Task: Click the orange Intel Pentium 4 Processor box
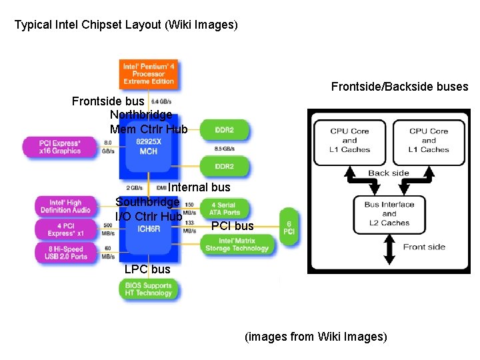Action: tap(148, 73)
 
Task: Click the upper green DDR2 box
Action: tap(224, 129)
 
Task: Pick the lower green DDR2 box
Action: tap(224, 166)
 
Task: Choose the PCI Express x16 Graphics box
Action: tap(60, 147)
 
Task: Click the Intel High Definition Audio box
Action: tap(65, 206)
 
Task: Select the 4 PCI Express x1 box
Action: tap(65, 229)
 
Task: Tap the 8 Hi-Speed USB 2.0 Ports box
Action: tap(65, 252)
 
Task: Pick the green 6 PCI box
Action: tap(289, 227)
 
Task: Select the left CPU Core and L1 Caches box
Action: tap(349, 140)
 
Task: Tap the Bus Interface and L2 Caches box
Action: tap(389, 213)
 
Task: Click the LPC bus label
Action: tap(147, 269)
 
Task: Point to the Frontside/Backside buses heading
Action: tap(399, 87)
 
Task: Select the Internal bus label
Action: tap(199, 188)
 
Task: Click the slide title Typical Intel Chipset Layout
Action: tap(126, 25)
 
